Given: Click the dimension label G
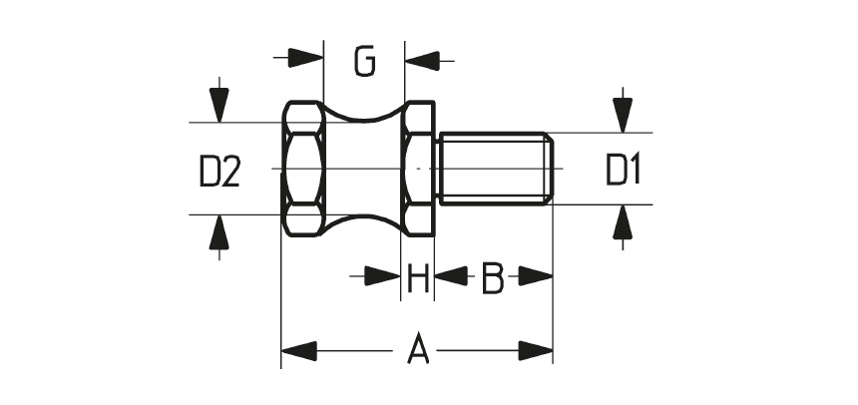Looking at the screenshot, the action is [x=364, y=61].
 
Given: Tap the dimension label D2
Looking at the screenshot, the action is [x=219, y=172].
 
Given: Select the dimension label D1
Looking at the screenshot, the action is [x=623, y=170].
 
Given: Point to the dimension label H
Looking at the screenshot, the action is [x=417, y=278].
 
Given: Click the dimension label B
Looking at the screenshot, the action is [x=493, y=278].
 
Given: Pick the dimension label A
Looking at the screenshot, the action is [x=418, y=348].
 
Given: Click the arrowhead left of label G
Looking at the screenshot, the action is [x=305, y=58].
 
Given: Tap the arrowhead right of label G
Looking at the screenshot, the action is [x=422, y=61].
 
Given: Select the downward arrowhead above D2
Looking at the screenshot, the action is [x=218, y=105].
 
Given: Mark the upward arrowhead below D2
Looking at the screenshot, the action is [x=218, y=232].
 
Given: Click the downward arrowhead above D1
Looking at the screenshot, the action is [x=623, y=115].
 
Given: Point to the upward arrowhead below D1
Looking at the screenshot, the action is [x=623, y=222].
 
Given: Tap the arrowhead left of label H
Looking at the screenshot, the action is [x=382, y=276].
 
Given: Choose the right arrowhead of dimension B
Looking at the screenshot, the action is [x=535, y=276].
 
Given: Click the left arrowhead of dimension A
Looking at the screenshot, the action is [x=298, y=351].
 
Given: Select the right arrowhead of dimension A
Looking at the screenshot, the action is [x=535, y=351].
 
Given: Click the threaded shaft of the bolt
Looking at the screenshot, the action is [x=495, y=169].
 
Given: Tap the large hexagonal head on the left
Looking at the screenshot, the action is [x=302, y=169].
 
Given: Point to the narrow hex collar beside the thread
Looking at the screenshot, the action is [x=418, y=169].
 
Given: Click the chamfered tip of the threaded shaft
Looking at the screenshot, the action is [x=549, y=169].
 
